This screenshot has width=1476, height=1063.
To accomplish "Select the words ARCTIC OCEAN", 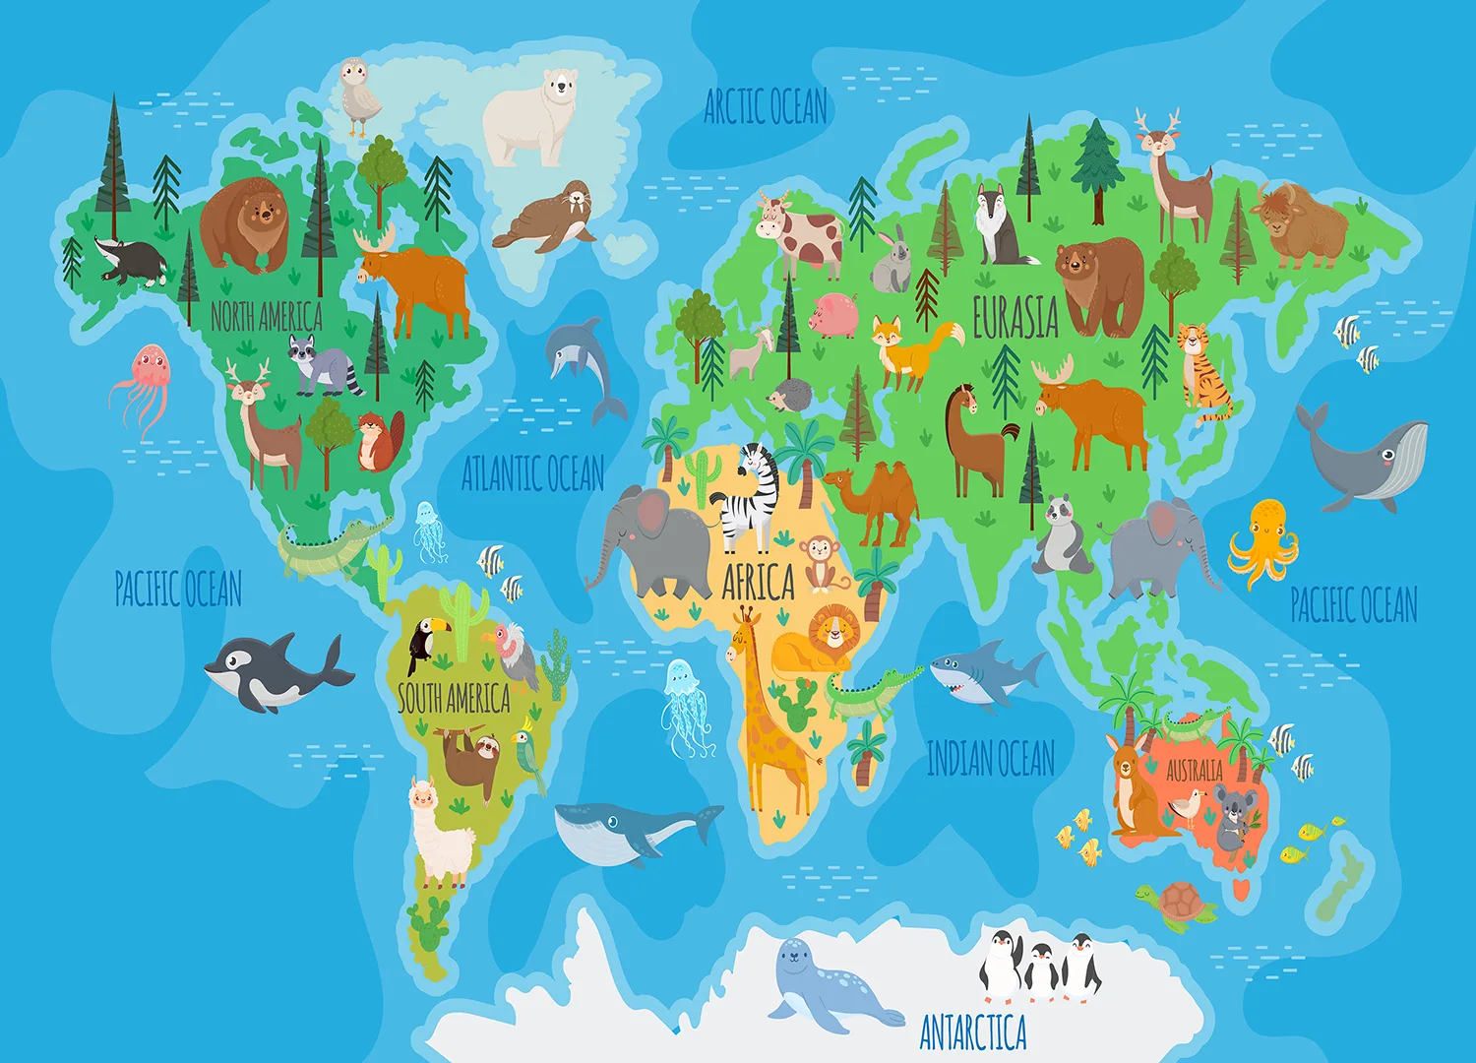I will click(x=766, y=106).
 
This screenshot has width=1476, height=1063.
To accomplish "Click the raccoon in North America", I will click(x=323, y=366).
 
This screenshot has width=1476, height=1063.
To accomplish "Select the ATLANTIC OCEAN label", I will click(x=532, y=473).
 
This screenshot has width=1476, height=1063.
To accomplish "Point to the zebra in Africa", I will click(x=750, y=500).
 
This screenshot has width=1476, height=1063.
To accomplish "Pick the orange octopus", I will click(x=1263, y=541).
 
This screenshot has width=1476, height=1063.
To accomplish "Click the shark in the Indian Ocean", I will click(x=984, y=675).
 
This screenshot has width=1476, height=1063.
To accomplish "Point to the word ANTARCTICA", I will click(x=973, y=1032).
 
